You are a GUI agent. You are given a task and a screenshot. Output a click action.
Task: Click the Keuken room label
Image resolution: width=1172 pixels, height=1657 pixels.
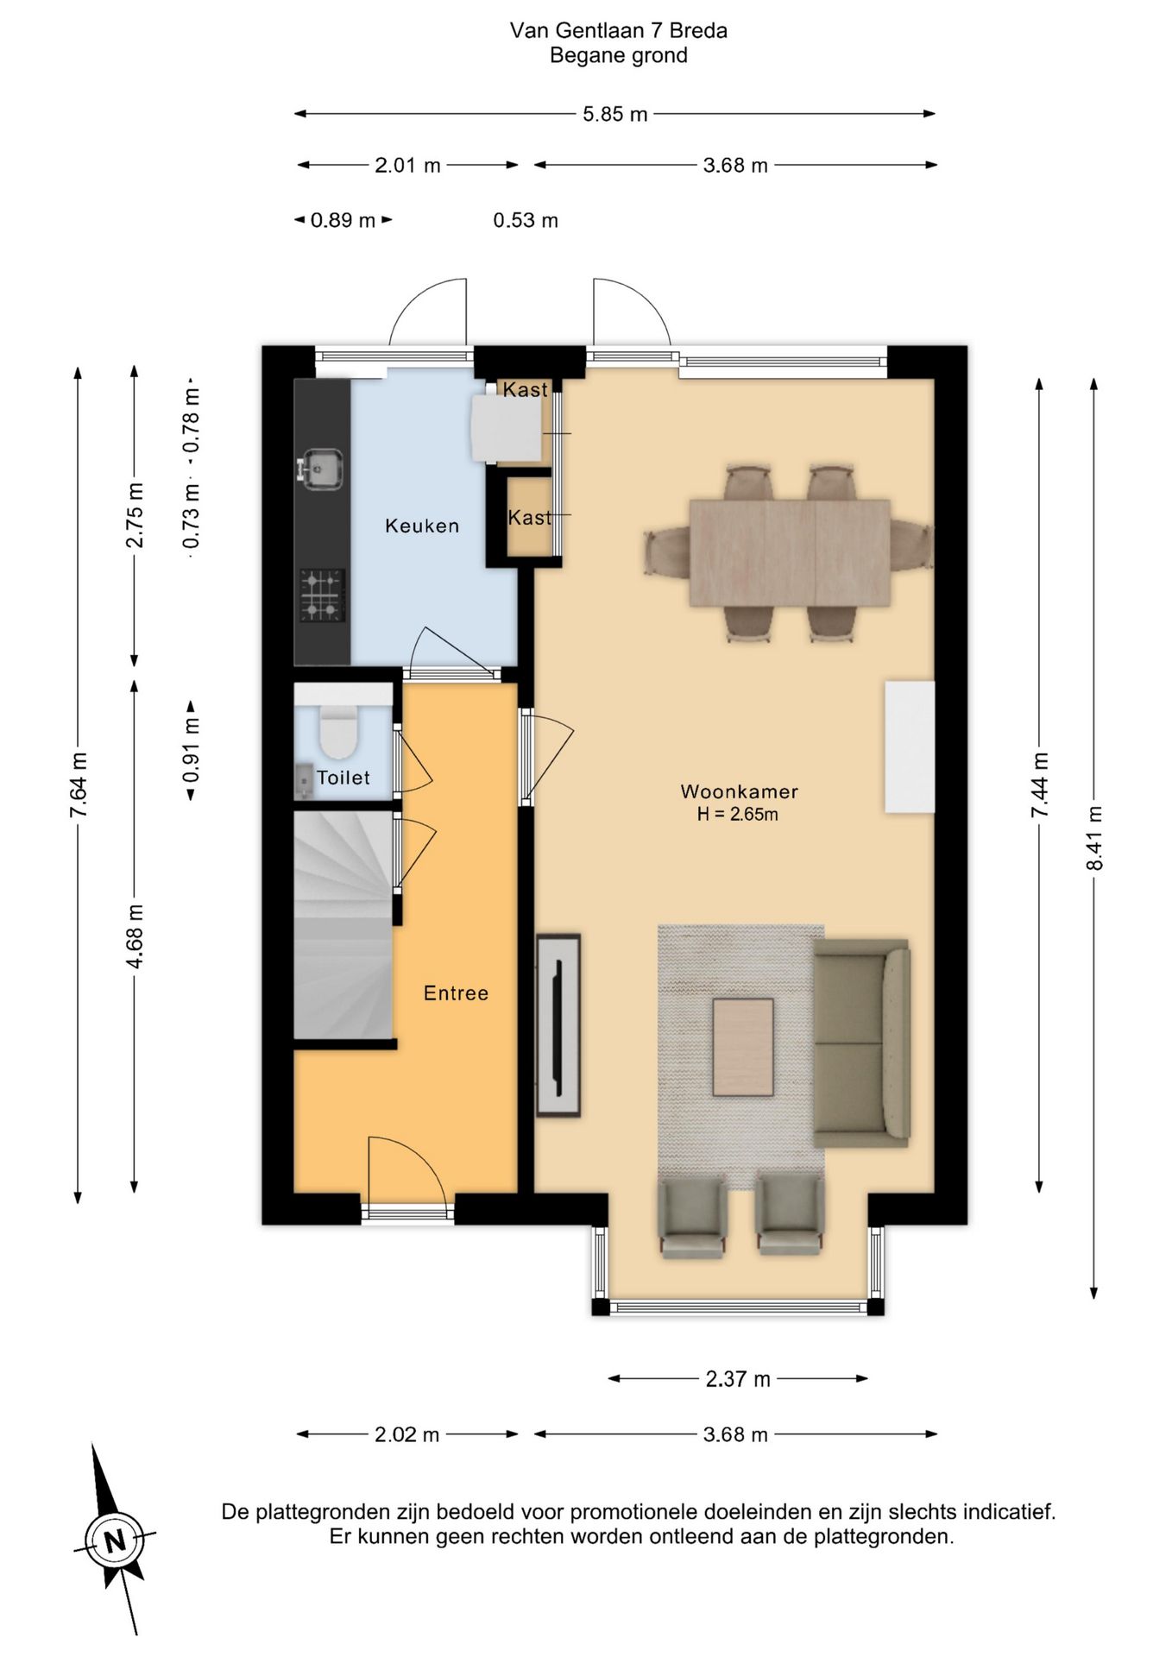pyautogui.click(x=422, y=526)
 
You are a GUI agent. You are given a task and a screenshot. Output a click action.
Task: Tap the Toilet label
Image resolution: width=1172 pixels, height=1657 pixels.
pyautogui.click(x=343, y=778)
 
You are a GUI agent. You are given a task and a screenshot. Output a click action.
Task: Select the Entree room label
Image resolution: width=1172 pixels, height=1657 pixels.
pyautogui.click(x=456, y=993)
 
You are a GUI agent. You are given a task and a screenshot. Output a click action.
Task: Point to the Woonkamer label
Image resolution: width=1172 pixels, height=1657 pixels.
pyautogui.click(x=740, y=791)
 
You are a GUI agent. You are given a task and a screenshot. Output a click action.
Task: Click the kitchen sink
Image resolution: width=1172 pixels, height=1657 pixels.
pyautogui.click(x=321, y=469)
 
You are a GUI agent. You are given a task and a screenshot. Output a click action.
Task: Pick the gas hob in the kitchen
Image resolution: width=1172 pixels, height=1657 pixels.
pyautogui.click(x=323, y=595)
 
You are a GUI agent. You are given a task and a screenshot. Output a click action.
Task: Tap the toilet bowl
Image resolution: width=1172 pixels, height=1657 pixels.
pyautogui.click(x=338, y=730)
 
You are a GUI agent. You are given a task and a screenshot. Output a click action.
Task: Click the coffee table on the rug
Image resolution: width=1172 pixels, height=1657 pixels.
pyautogui.click(x=743, y=1047)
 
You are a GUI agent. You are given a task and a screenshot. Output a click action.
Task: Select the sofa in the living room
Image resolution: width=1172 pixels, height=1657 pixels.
pyautogui.click(x=861, y=1043)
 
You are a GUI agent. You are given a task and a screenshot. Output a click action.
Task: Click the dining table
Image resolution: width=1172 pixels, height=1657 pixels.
pyautogui.click(x=790, y=552)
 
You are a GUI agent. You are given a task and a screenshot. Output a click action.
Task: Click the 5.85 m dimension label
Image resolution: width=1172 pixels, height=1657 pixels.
pyautogui.click(x=614, y=114)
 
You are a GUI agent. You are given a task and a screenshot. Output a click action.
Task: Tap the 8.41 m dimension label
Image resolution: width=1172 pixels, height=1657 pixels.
pyautogui.click(x=1094, y=839)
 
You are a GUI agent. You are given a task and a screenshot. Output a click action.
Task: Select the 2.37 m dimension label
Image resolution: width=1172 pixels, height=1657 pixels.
pyautogui.click(x=738, y=1379)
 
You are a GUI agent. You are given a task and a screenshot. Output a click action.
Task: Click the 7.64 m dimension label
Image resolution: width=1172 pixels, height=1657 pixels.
pyautogui.click(x=79, y=784)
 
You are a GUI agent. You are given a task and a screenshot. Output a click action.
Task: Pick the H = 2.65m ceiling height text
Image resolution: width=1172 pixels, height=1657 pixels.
pyautogui.click(x=738, y=814)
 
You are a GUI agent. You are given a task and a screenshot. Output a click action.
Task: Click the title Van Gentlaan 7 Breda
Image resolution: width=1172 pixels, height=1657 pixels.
pyautogui.click(x=619, y=31)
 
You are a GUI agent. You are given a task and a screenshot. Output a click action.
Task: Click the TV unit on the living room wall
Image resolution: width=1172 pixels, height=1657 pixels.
pyautogui.click(x=558, y=1025)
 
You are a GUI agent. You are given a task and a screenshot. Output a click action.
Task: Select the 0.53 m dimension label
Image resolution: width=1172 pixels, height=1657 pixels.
pyautogui.click(x=526, y=220)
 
